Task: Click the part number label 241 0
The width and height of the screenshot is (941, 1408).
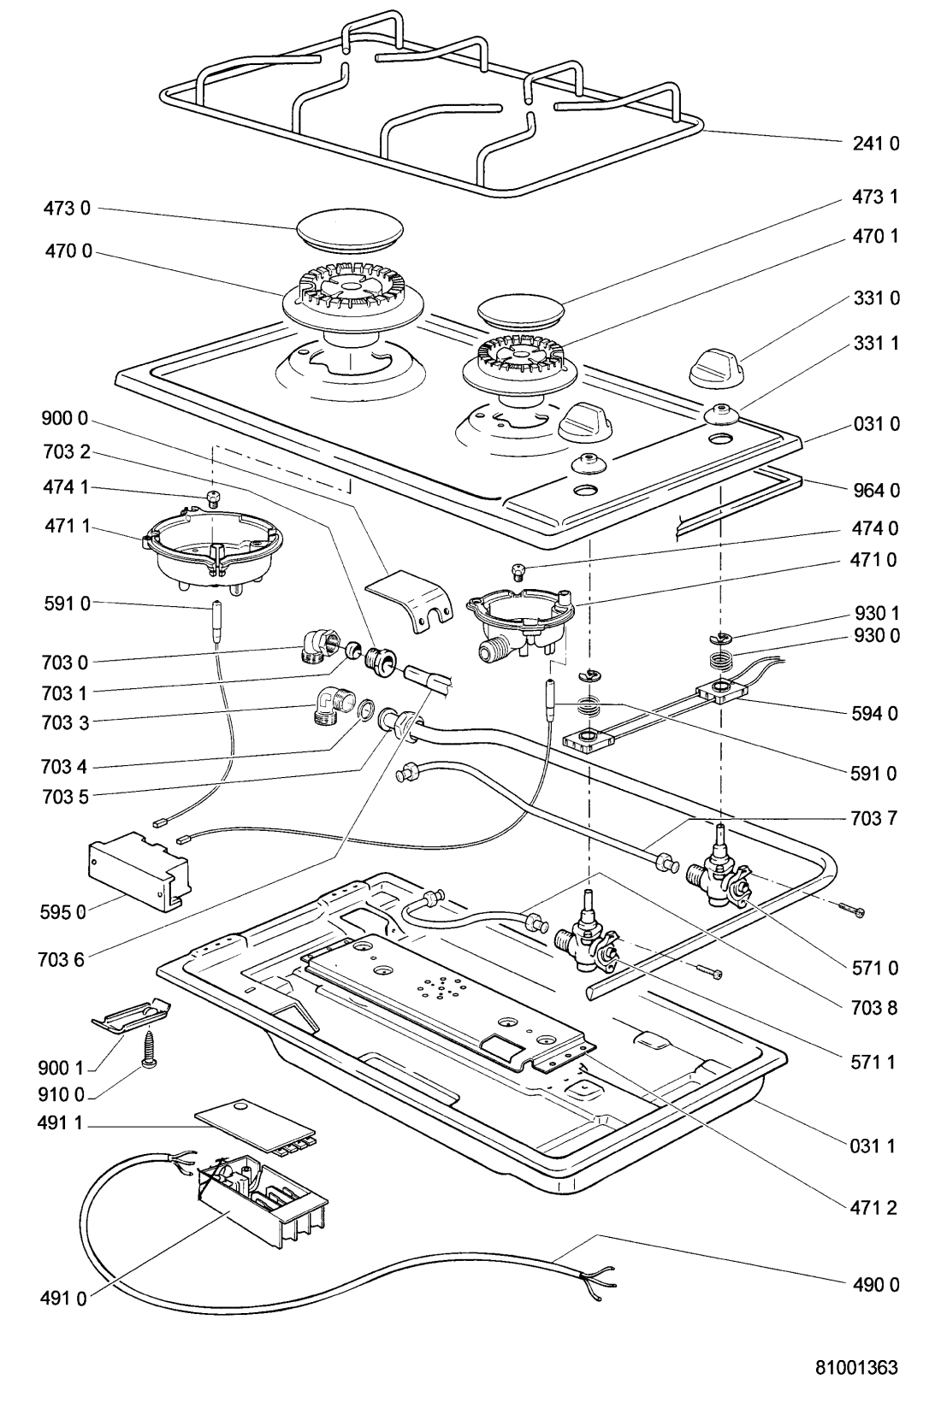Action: tap(875, 144)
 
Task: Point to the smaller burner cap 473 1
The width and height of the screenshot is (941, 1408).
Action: tap(522, 309)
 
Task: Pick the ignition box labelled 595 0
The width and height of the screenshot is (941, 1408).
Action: tap(139, 867)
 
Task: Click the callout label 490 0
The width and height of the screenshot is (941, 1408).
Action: tap(875, 1284)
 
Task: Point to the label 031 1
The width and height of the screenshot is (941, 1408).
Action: tap(875, 1146)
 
